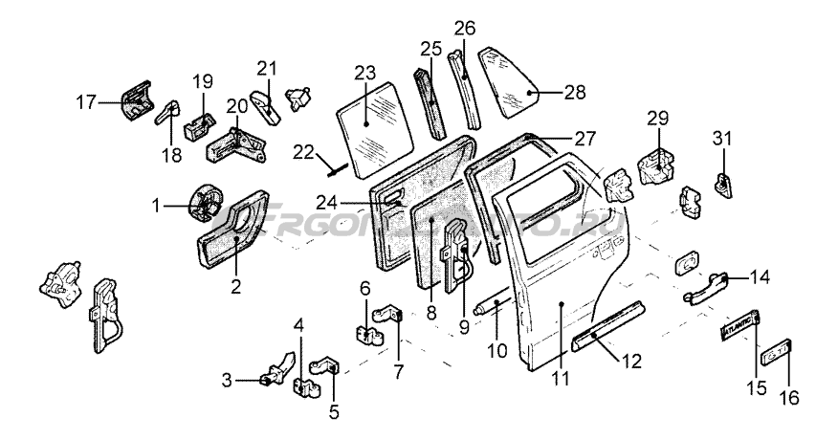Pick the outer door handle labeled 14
point(708,287)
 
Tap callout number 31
point(720,138)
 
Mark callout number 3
point(228,380)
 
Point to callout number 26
point(464,28)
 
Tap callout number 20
point(236,106)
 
